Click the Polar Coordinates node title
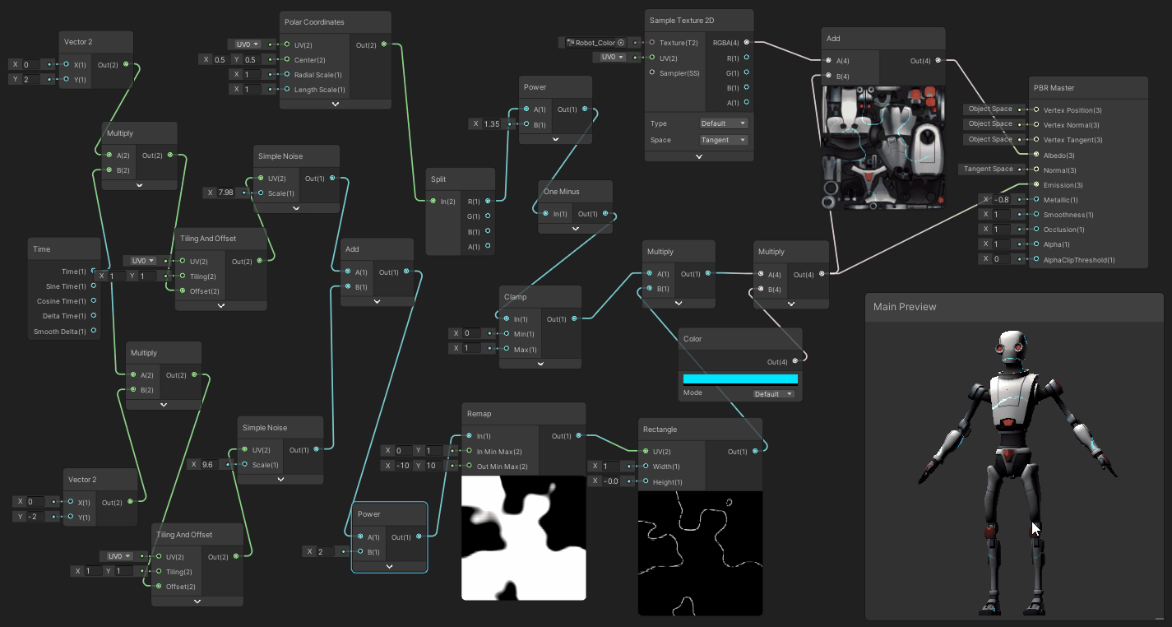(314, 22)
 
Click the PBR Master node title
(1054, 88)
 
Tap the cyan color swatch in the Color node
(740, 379)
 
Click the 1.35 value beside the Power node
(491, 124)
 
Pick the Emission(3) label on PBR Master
(1063, 185)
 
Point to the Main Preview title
(905, 307)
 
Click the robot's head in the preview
(1009, 351)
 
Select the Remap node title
(479, 414)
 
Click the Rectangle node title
(660, 430)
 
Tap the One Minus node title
(562, 192)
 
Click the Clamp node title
(516, 297)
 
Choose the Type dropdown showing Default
(723, 123)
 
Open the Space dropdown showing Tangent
(723, 140)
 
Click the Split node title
(439, 179)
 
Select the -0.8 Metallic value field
(1001, 200)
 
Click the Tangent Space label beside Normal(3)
(989, 170)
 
